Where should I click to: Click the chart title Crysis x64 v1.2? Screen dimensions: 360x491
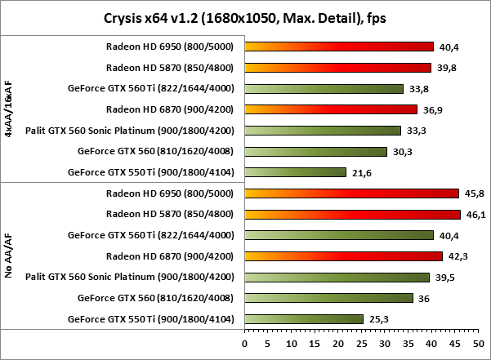(245, 17)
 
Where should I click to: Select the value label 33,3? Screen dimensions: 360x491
(415, 130)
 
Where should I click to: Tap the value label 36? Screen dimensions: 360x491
(424, 298)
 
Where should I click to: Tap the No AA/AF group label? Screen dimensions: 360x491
(8, 256)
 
